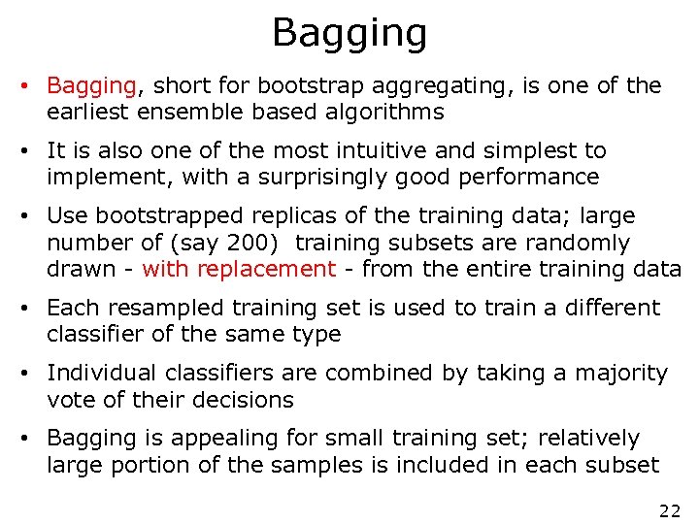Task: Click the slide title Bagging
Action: (x=349, y=33)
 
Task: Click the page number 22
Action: (x=669, y=511)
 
